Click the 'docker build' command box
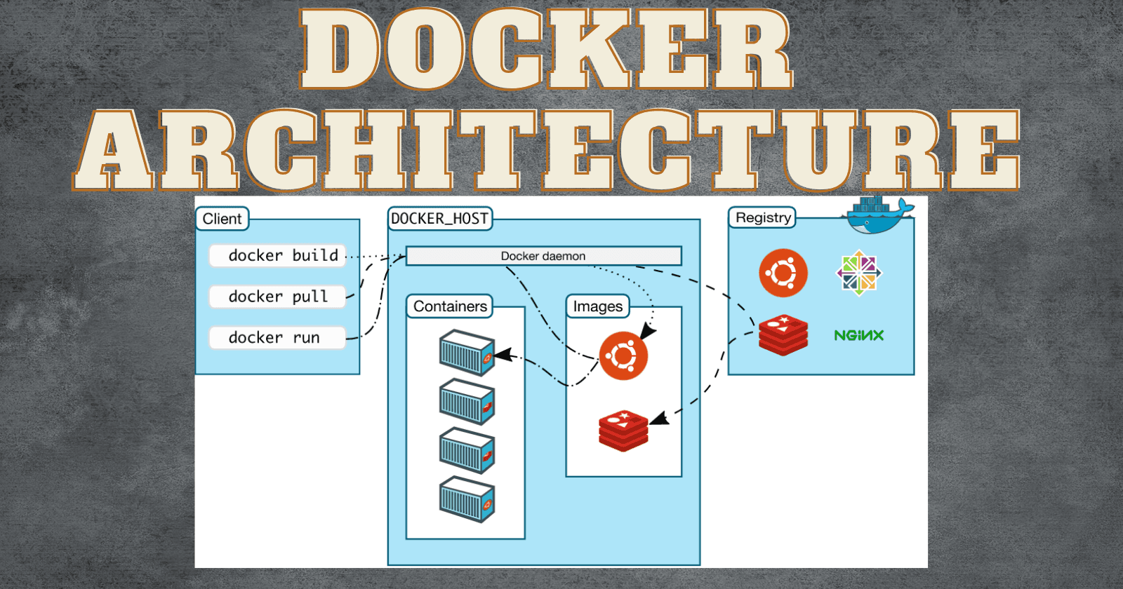(277, 256)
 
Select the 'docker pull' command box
(277, 297)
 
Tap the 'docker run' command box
(277, 338)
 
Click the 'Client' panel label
(222, 219)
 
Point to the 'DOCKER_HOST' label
(440, 219)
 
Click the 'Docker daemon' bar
(543, 256)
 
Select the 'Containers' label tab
(450, 306)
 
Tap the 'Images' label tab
(598, 306)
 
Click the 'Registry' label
(762, 217)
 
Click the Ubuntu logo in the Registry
(783, 273)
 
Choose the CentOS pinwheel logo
(859, 273)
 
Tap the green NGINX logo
(858, 335)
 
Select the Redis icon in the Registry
(783, 334)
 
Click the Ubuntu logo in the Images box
(623, 356)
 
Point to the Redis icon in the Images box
(623, 430)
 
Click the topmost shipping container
(467, 353)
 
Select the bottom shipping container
(467, 499)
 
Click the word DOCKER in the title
(547, 49)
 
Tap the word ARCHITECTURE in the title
(547, 150)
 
